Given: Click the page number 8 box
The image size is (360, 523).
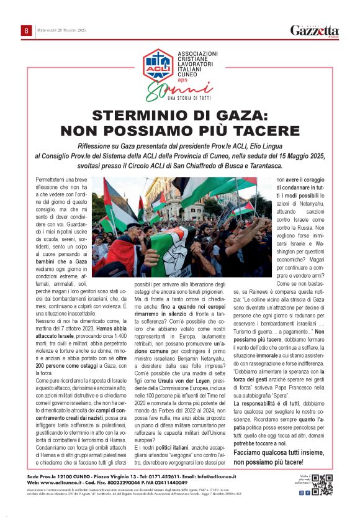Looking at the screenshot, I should tap(27, 30).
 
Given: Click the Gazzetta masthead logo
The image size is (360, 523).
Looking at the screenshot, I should tap(315, 30).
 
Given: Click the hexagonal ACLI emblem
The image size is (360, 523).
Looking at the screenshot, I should tap(158, 65).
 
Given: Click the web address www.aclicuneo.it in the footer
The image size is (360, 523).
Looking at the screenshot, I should tap(65, 482).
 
